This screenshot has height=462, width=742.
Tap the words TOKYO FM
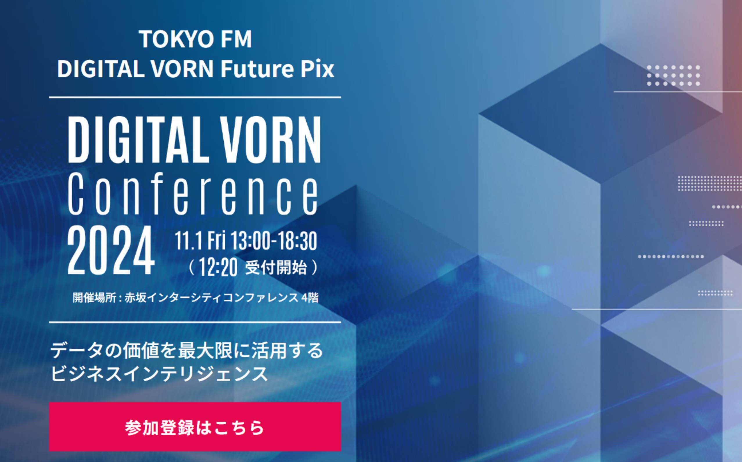(195, 39)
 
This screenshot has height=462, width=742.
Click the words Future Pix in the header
(277, 69)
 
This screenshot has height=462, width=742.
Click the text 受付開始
(276, 268)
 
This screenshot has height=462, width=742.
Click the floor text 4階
(310, 298)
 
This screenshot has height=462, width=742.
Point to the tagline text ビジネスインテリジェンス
(159, 373)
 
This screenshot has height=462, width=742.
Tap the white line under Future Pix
(195, 97)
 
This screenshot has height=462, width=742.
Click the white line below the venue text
(195, 322)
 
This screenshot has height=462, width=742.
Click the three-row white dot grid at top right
(673, 75)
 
